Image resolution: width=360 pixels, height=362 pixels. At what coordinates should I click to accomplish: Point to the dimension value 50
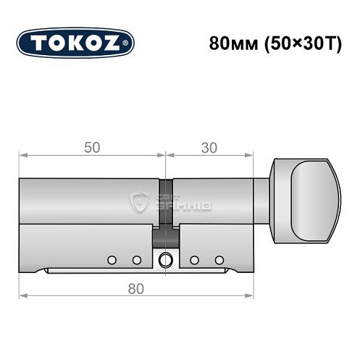[92, 147]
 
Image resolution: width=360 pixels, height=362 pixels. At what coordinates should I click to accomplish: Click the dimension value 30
[210, 147]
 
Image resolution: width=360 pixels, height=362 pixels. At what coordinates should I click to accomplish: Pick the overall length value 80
[136, 288]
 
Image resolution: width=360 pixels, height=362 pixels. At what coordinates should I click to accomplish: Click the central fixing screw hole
[166, 259]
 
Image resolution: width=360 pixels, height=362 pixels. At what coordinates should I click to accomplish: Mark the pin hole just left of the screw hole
[136, 259]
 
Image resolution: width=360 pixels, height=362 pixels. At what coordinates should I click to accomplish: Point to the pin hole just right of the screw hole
[193, 259]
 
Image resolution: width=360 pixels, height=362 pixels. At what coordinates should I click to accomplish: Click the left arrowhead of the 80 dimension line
[22, 297]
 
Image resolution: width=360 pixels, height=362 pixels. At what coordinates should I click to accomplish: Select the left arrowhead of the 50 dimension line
[22, 155]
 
